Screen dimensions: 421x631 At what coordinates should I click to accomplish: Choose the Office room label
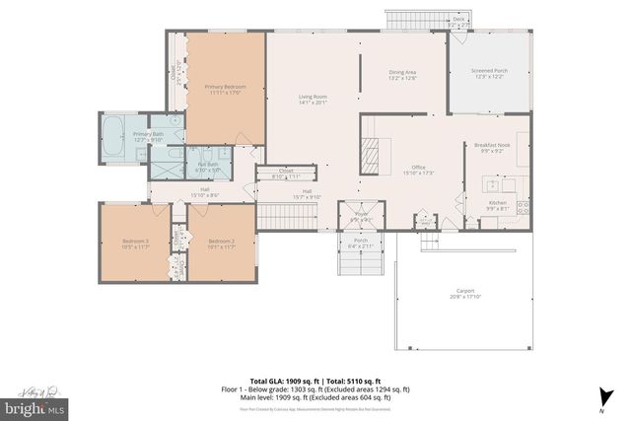[x=418, y=170]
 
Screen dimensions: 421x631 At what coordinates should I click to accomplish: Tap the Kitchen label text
[x=499, y=205]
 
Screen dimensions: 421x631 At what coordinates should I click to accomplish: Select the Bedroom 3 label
[x=135, y=243]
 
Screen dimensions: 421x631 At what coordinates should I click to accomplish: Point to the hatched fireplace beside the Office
[x=370, y=155]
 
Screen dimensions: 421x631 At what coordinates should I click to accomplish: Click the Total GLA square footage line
[x=315, y=381]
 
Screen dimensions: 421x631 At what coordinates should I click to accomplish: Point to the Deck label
[x=458, y=19]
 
